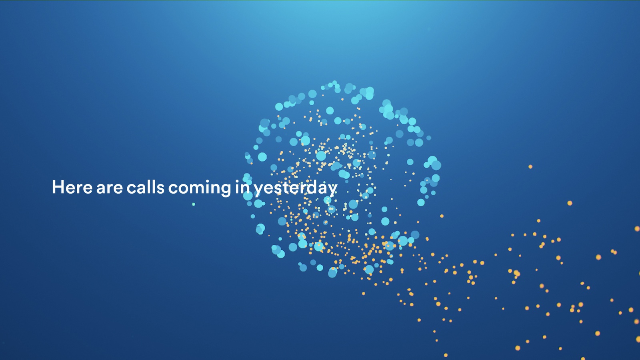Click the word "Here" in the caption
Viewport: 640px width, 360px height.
pos(72,187)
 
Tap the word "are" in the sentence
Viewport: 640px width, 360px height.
pos(110,188)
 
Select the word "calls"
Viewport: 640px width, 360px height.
pos(146,187)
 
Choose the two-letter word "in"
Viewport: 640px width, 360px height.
pos(242,187)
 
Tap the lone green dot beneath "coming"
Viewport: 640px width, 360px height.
pos(194,204)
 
